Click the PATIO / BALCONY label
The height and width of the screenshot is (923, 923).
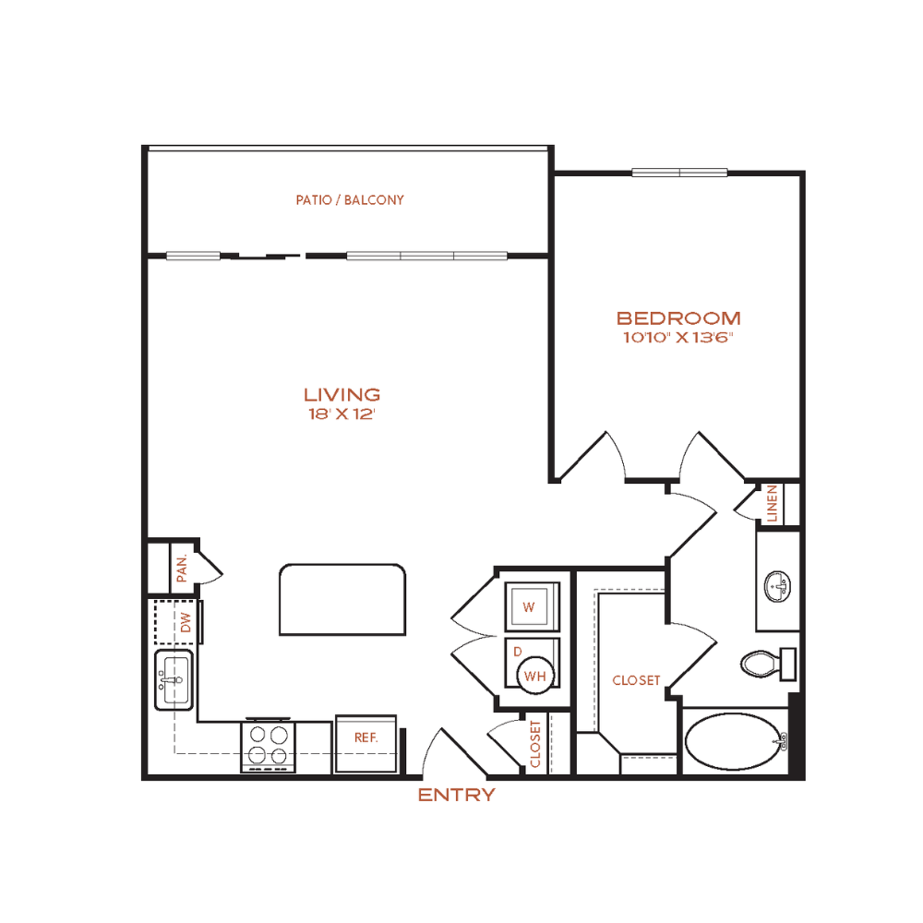[350, 200]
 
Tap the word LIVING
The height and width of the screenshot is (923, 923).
[342, 394]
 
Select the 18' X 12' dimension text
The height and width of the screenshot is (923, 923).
[342, 414]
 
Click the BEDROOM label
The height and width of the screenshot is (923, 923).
[678, 318]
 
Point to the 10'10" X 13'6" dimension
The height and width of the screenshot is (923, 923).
[678, 337]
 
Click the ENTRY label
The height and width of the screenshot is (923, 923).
[456, 796]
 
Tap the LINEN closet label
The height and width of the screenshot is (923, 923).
[773, 503]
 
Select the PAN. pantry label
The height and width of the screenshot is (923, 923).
[182, 568]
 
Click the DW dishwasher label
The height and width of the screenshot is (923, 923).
[186, 622]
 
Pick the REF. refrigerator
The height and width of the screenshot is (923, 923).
[366, 743]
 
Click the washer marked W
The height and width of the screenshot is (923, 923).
[533, 606]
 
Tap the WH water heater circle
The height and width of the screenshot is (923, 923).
[535, 676]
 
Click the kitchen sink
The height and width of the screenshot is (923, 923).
[174, 680]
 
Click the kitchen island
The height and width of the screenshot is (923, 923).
[342, 600]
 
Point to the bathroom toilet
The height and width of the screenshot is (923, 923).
[768, 664]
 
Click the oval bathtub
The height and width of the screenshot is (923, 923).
[734, 742]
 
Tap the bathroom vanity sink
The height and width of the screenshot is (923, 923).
[777, 587]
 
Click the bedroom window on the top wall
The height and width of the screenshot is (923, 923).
[680, 173]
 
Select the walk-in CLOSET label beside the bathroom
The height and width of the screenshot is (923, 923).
[636, 680]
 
